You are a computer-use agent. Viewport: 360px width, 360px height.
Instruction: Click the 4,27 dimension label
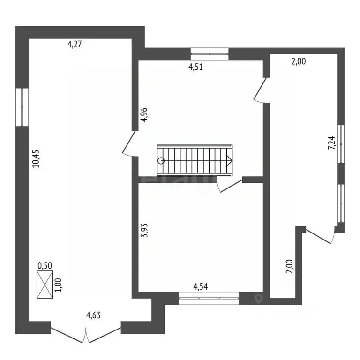[x=75, y=45]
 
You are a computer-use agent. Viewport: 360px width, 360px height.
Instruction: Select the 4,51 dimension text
[x=195, y=67]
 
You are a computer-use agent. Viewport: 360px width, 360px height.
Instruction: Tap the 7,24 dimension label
[x=331, y=142]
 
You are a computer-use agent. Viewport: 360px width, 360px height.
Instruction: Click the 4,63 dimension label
[x=94, y=315]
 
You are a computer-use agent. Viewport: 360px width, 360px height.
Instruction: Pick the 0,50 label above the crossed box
[x=45, y=265]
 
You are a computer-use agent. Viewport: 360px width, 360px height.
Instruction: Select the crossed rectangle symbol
[x=45, y=285]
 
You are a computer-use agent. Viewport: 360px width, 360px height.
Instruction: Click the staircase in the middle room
[x=195, y=160]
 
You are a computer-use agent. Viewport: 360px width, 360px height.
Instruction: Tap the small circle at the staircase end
[x=161, y=160]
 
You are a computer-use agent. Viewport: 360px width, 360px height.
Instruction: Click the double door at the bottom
[x=86, y=334]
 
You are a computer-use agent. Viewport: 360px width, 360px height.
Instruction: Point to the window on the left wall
[x=22, y=107]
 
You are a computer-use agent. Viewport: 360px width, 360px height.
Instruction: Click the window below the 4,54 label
[x=209, y=299]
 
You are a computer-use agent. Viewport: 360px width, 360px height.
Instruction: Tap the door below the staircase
[x=230, y=186]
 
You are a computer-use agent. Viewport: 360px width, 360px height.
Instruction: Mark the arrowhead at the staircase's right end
[x=229, y=160]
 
